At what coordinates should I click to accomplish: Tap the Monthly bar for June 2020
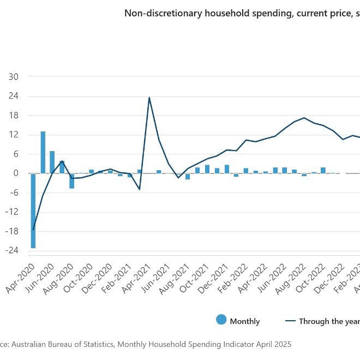click(52, 162)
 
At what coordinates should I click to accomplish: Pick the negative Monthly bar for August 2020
click(71, 181)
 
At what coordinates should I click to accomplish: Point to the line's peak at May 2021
click(149, 98)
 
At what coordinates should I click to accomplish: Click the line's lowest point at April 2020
click(33, 230)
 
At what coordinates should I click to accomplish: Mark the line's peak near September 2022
click(304, 118)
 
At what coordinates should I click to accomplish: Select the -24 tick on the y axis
click(13, 250)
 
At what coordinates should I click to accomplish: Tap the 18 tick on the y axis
click(14, 116)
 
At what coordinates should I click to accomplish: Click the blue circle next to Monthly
click(221, 321)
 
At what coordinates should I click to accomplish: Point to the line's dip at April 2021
click(140, 189)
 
